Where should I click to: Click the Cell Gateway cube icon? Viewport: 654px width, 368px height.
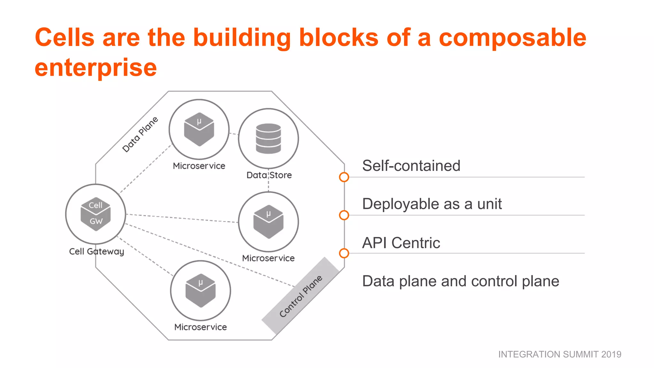tap(95, 214)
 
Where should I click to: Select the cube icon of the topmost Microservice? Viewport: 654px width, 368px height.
tap(199, 129)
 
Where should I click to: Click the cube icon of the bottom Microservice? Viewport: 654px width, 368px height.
tap(200, 290)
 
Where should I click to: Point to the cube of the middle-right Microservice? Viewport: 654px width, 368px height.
tap(268, 222)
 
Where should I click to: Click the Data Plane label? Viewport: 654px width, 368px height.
tap(140, 134)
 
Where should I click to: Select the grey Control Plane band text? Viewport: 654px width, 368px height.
tap(300, 296)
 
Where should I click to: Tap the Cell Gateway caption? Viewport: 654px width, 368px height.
tap(96, 251)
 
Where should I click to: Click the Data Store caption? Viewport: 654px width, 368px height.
tap(269, 175)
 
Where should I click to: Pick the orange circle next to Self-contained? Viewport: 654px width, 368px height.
tap(344, 177)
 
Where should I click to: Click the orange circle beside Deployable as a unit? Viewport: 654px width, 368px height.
tap(344, 215)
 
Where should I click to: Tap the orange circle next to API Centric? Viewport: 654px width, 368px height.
tap(344, 253)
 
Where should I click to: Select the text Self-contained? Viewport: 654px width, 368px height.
tap(411, 166)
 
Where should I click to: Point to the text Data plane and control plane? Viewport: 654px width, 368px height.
tap(460, 281)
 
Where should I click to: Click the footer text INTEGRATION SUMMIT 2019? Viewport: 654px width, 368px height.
tap(559, 354)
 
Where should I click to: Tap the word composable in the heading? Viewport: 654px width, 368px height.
tap(512, 37)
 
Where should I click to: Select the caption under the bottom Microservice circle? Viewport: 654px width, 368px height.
tap(200, 327)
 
